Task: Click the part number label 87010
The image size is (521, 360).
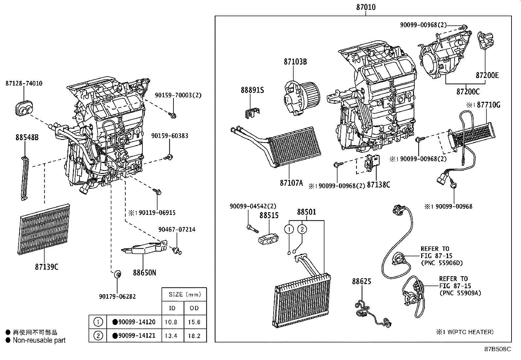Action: point(366,7)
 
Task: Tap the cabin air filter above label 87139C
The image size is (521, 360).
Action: point(45,229)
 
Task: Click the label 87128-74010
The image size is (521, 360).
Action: point(24,84)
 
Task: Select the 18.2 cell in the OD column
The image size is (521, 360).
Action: point(194,336)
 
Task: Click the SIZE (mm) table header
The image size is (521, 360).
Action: point(184,294)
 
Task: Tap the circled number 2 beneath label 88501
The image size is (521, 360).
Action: point(302,229)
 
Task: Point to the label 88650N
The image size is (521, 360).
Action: point(144,272)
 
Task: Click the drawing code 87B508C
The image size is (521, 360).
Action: point(497,349)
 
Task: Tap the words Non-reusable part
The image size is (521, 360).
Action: point(39,340)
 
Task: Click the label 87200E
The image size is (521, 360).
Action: point(487,76)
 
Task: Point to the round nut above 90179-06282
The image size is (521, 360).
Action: point(117,274)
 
